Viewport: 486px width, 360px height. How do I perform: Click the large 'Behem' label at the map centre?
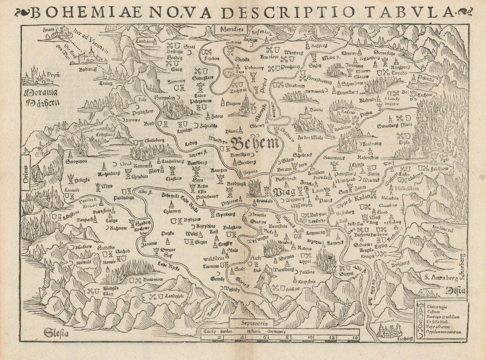point(255,143)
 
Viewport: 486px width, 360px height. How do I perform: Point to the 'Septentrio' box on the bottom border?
point(252,322)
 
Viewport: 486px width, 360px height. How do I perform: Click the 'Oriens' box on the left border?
point(25,172)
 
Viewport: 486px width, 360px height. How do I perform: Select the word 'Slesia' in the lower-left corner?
point(56,333)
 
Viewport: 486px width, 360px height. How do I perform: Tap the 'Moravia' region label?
point(40,94)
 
